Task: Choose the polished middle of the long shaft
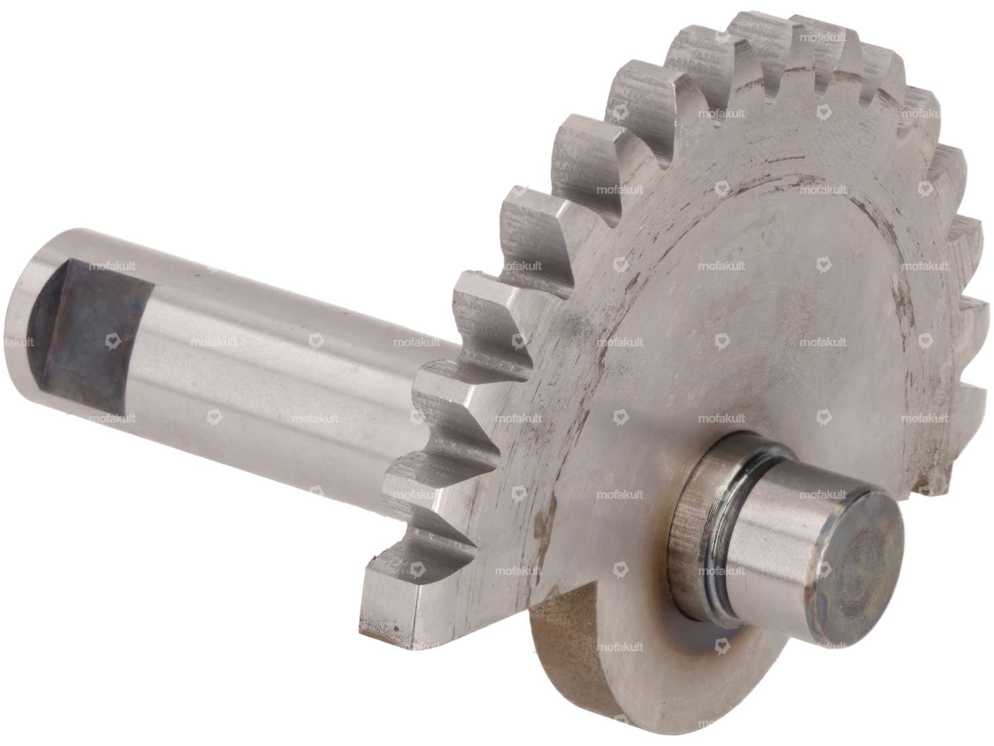tap(257, 379)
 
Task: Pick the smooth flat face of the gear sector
tap(711, 305)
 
